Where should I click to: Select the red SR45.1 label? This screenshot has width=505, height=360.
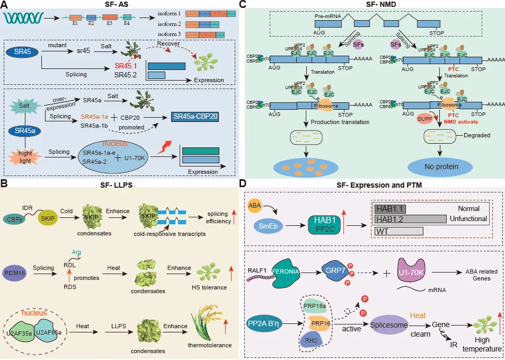pos(126,67)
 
